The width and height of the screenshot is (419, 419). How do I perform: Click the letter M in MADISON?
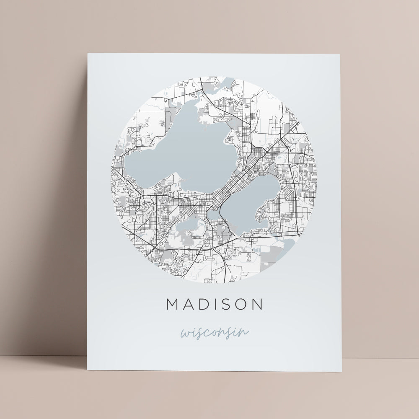pos(174,304)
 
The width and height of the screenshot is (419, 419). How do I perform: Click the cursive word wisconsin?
pos(215,333)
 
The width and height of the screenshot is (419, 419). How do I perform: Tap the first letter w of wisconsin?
pos(185,334)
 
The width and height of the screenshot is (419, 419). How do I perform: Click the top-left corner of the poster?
pos(88,54)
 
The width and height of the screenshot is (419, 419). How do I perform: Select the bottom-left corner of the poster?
pos(87,370)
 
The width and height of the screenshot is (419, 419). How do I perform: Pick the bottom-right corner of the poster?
pos(341,371)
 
